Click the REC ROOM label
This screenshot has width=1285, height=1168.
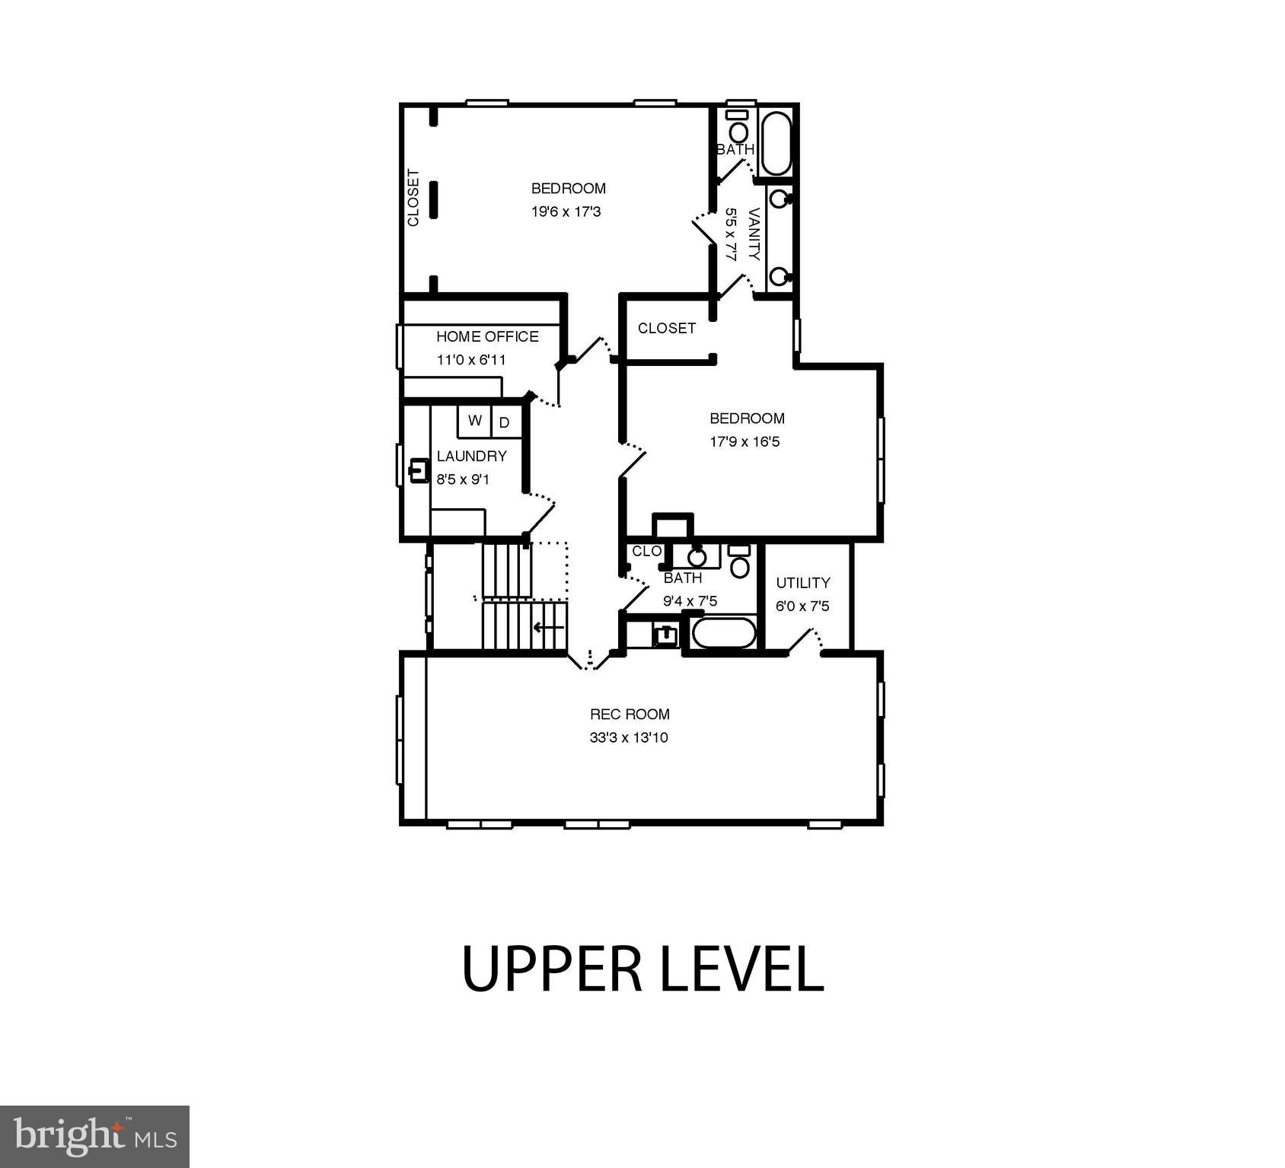pyautogui.click(x=630, y=714)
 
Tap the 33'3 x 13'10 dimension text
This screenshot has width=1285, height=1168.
pyautogui.click(x=628, y=737)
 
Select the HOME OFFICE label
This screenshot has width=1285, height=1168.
pyautogui.click(x=487, y=336)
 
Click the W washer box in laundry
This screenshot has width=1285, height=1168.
pyautogui.click(x=475, y=421)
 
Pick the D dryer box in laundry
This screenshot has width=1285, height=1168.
pyautogui.click(x=505, y=422)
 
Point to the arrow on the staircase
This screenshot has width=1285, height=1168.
pyautogui.click(x=548, y=628)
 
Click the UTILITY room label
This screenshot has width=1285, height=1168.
pyautogui.click(x=802, y=583)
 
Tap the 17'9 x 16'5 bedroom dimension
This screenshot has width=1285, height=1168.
pyautogui.click(x=745, y=441)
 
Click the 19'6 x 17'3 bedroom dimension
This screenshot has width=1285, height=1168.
pyautogui.click(x=566, y=212)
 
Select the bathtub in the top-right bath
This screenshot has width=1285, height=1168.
pyautogui.click(x=776, y=144)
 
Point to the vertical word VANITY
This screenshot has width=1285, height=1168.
pyautogui.click(x=754, y=234)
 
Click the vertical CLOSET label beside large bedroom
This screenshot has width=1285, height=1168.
pyautogui.click(x=413, y=198)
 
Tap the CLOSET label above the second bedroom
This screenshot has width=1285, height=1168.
pyautogui.click(x=666, y=328)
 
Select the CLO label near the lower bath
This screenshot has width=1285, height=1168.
pyautogui.click(x=646, y=551)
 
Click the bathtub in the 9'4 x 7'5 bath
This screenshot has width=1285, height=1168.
pyautogui.click(x=722, y=633)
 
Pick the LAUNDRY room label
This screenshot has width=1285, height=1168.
pyautogui.click(x=471, y=456)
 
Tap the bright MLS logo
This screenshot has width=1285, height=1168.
pyautogui.click(x=94, y=1136)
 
